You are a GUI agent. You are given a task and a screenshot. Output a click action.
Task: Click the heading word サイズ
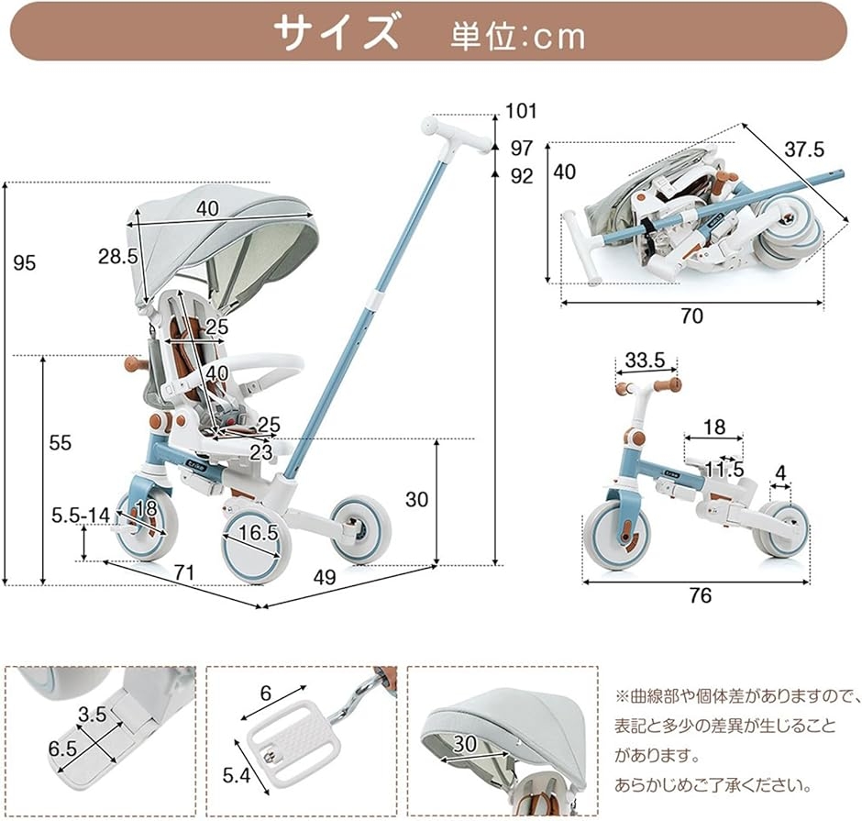coord(336,33)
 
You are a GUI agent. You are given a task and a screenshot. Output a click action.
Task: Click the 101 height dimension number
coord(520,113)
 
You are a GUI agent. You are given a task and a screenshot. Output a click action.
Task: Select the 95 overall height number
coord(25,263)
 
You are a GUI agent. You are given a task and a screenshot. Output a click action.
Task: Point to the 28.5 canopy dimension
coord(118,256)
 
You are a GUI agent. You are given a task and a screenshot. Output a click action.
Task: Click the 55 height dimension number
coord(61,443)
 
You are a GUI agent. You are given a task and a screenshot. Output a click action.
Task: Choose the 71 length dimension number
coord(184,573)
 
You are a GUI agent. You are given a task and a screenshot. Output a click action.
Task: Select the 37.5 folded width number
coord(804,149)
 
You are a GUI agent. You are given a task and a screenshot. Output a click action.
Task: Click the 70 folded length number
coord(692,316)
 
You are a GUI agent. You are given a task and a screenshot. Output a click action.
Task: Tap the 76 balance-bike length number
coord(700,595)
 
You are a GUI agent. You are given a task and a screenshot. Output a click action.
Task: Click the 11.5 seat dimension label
coord(724,470)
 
